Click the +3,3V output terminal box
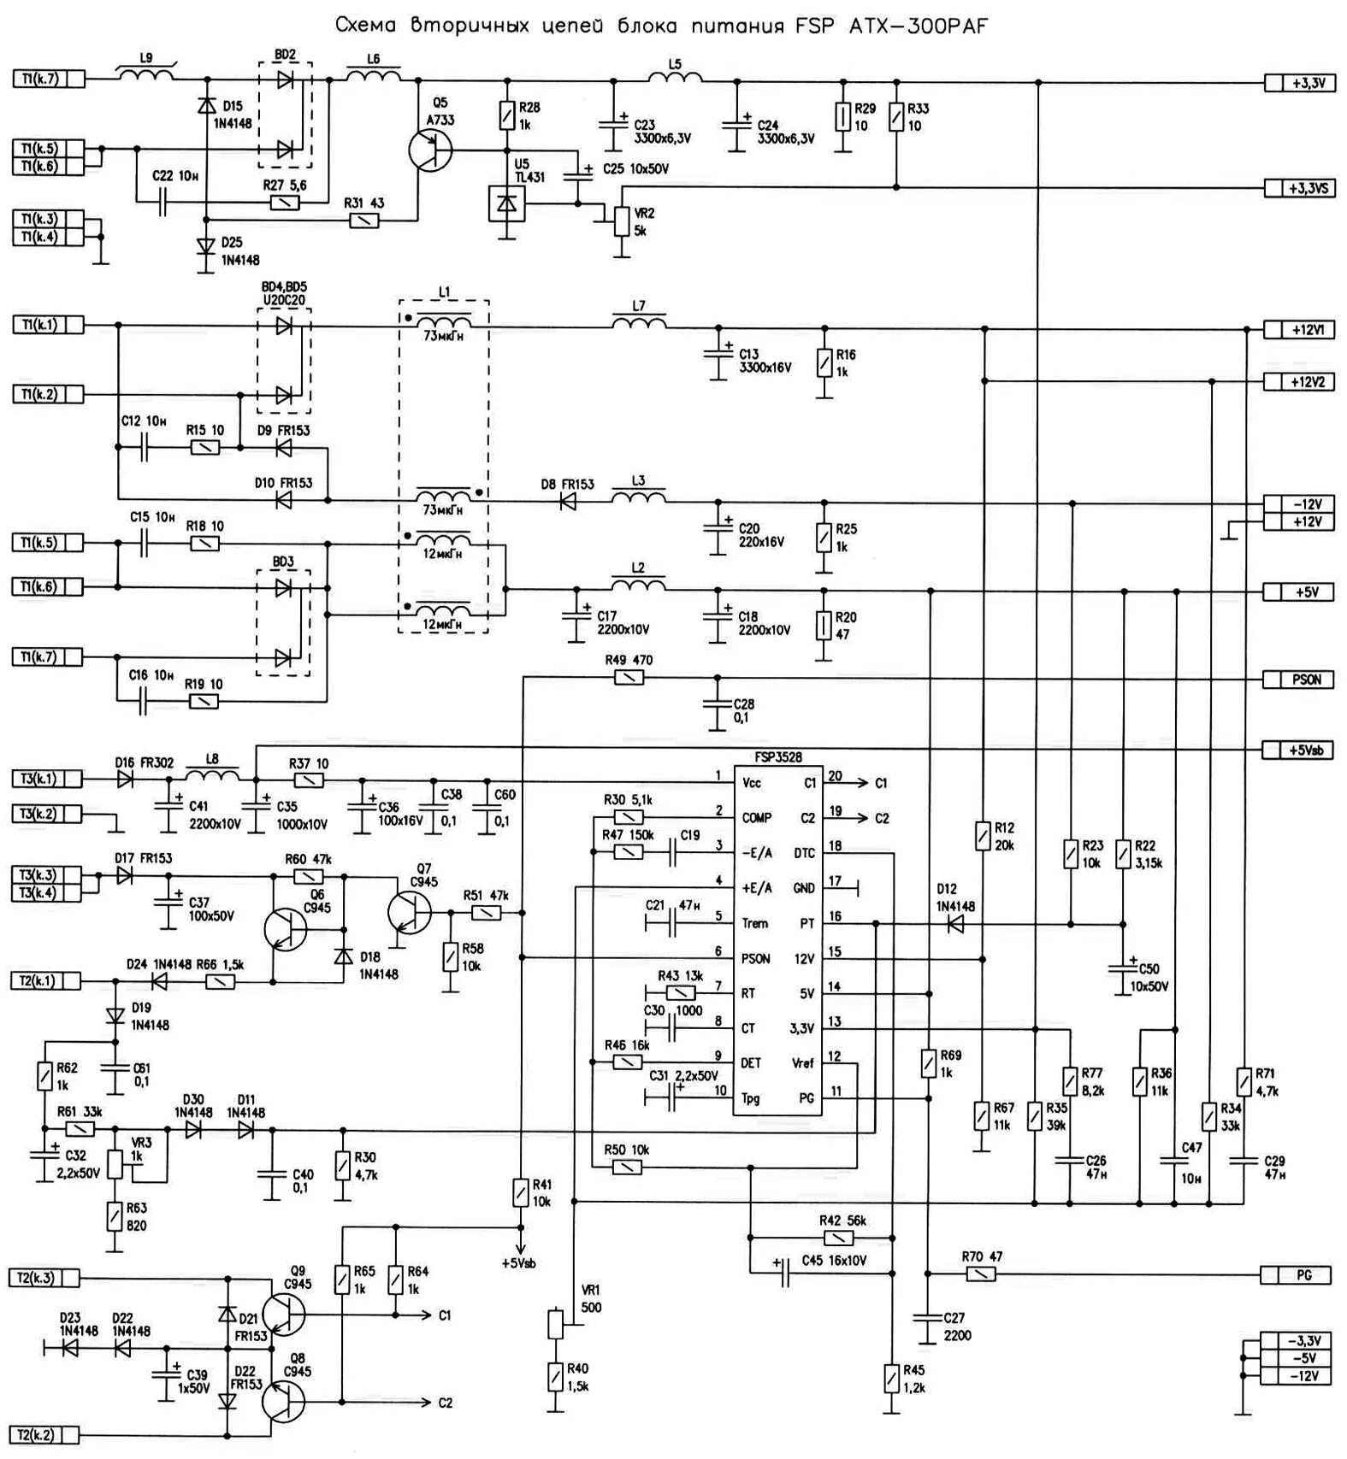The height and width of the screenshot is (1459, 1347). [x=1299, y=83]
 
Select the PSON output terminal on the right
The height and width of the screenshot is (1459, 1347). [x=1299, y=679]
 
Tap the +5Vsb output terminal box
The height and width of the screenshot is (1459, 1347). [x=1299, y=750]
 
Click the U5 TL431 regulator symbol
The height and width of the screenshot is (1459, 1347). [x=506, y=203]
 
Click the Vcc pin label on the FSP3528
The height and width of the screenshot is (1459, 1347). [x=753, y=782]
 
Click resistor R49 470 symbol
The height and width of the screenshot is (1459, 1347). [x=629, y=678]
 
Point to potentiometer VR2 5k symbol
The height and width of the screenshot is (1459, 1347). [x=621, y=220]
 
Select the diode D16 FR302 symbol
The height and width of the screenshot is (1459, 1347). [x=126, y=779]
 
